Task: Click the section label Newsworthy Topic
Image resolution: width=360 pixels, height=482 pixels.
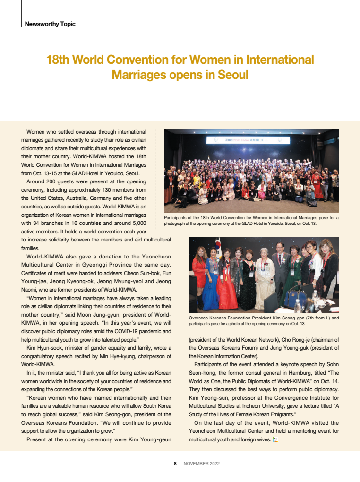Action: (50, 24)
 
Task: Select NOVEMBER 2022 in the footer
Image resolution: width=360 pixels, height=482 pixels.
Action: (202, 464)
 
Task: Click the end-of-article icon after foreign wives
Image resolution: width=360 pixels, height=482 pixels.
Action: (275, 440)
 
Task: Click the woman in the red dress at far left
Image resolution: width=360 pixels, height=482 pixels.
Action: (199, 274)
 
